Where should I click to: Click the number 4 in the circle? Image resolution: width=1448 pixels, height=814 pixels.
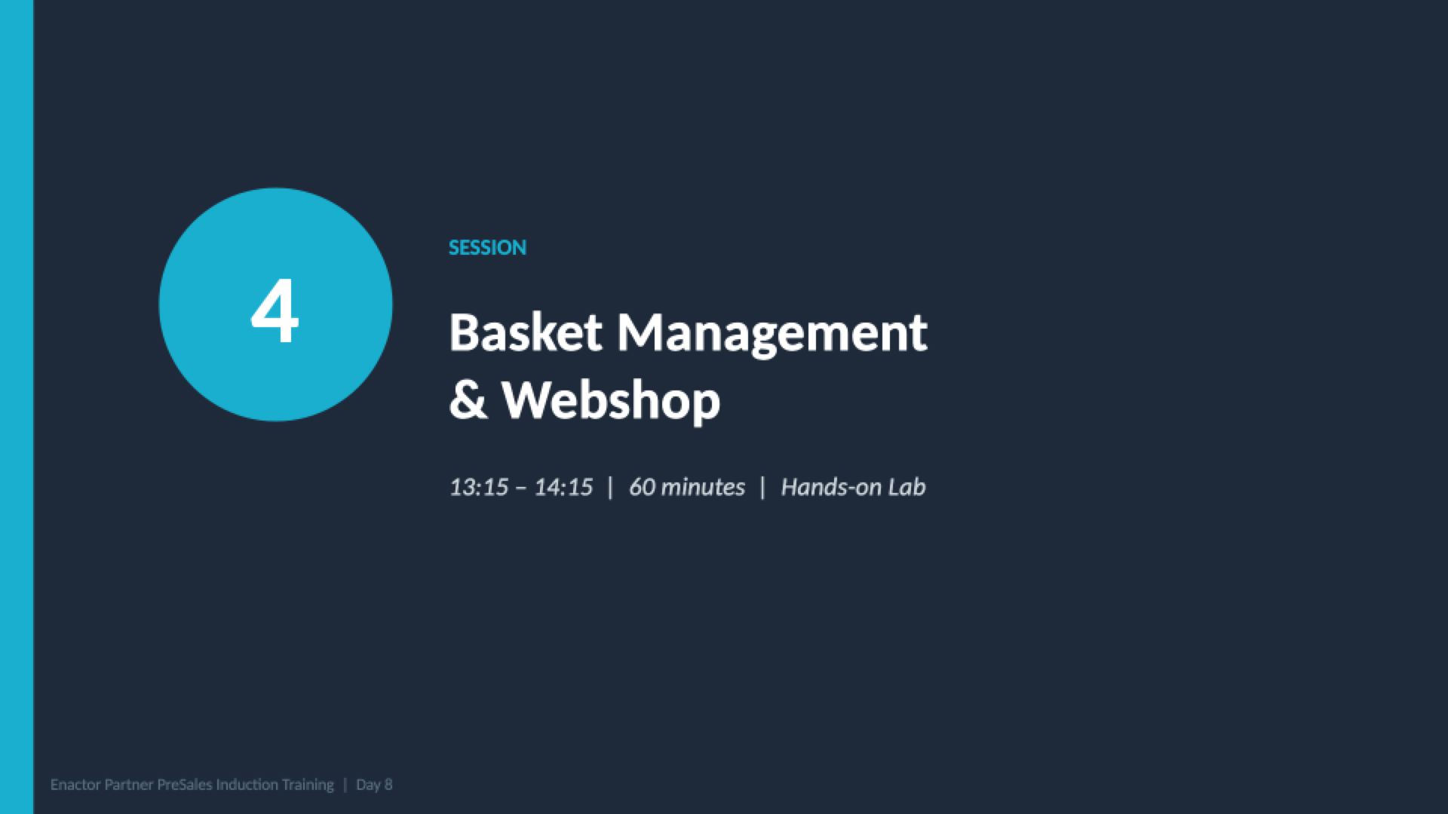pyautogui.click(x=275, y=311)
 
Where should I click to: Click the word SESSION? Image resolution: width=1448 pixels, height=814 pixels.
pyautogui.click(x=487, y=248)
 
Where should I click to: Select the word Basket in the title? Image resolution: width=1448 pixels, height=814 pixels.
pyautogui.click(x=526, y=332)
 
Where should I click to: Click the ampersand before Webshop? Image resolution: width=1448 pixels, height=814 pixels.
pyautogui.click(x=468, y=399)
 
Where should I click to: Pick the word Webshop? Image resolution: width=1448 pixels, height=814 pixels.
pyautogui.click(x=611, y=402)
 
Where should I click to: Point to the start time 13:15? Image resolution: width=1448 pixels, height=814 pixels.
pyautogui.click(x=479, y=487)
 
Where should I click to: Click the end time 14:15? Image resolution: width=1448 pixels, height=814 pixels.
pyautogui.click(x=563, y=487)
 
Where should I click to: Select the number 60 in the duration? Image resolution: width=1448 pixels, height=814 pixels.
pyautogui.click(x=642, y=487)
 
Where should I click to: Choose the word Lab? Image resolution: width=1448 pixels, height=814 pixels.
pyautogui.click(x=907, y=487)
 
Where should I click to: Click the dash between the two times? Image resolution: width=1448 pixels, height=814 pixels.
pyautogui.click(x=521, y=488)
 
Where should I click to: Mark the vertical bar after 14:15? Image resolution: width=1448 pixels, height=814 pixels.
pyautogui.click(x=611, y=488)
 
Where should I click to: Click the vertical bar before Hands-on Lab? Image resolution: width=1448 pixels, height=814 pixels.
pyautogui.click(x=762, y=488)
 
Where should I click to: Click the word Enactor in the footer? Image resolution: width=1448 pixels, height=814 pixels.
pyautogui.click(x=75, y=785)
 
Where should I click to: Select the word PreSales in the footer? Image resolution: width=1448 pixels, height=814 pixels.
pyautogui.click(x=185, y=785)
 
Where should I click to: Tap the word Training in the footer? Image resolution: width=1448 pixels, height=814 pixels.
pyautogui.click(x=308, y=785)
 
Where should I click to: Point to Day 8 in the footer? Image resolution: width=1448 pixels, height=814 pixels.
pyautogui.click(x=374, y=785)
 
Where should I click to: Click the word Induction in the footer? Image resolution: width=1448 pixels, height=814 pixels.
pyautogui.click(x=247, y=785)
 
